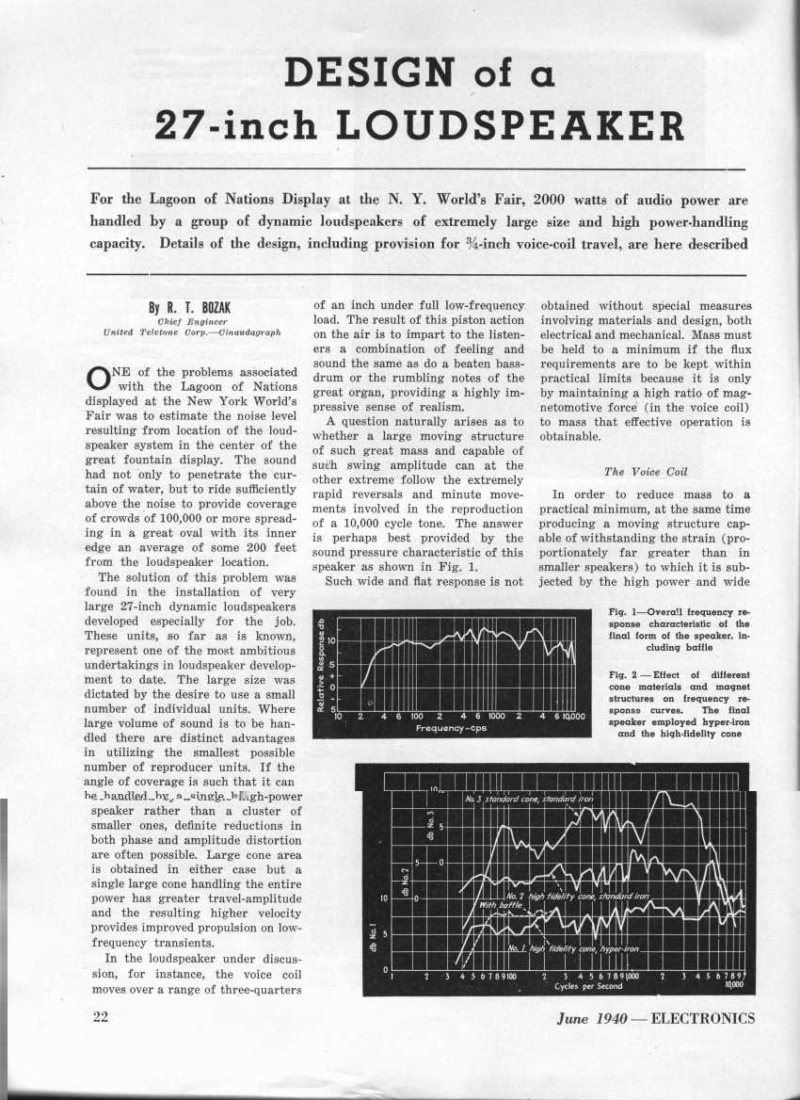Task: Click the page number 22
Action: pos(103,1018)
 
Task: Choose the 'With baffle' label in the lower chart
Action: pos(501,905)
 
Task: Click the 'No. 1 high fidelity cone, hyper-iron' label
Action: pos(573,948)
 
